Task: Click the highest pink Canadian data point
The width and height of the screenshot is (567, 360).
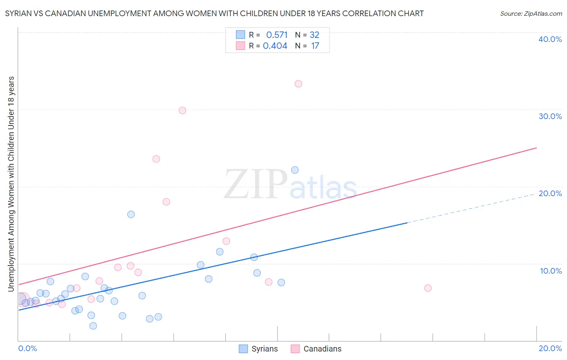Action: [298, 84]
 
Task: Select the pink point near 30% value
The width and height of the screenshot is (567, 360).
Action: [182, 111]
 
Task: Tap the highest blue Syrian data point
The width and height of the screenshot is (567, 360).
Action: [295, 170]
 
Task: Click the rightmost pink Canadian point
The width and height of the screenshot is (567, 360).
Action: [428, 288]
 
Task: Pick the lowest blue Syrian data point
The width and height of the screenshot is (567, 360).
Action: [93, 326]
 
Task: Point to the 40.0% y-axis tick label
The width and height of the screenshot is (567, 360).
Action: [550, 39]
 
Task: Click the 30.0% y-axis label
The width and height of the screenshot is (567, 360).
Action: [550, 116]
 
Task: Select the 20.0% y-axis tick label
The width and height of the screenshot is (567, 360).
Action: [550, 193]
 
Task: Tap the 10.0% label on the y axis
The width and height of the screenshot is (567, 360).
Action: [551, 271]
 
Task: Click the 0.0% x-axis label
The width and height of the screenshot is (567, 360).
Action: [28, 348]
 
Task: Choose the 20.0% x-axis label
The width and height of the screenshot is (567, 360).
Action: [550, 348]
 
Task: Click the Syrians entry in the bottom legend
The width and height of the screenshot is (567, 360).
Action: [264, 349]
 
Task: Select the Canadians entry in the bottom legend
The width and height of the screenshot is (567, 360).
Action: [322, 349]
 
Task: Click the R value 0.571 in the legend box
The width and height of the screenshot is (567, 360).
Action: [277, 35]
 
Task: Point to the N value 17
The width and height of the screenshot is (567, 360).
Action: [315, 46]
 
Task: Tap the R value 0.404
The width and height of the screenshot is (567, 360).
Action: [275, 46]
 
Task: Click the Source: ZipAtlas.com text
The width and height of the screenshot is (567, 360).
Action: [531, 14]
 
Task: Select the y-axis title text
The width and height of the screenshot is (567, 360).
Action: [11, 184]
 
